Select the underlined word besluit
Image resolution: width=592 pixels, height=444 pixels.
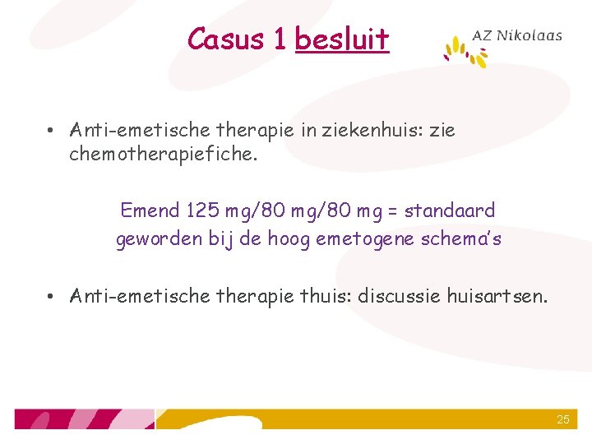[x=341, y=39]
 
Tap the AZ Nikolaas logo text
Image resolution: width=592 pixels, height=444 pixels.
[x=517, y=35]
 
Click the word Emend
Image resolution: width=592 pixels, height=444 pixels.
[x=150, y=210]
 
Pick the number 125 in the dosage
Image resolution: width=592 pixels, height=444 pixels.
[x=201, y=210]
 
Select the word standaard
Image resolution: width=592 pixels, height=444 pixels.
[x=450, y=210]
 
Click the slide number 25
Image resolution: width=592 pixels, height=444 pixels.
[x=562, y=419]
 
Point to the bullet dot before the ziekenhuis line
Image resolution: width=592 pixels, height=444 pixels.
[x=51, y=131]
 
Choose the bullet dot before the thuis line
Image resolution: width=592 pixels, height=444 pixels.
[x=51, y=296]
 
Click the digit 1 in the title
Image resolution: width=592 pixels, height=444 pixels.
[x=279, y=39]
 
